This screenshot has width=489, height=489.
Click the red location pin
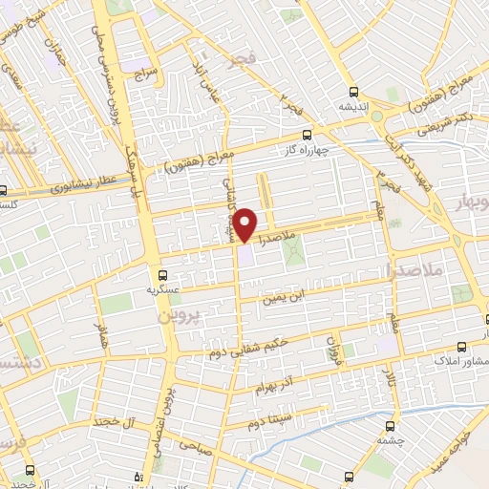pos(245,223)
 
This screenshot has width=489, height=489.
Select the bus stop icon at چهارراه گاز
pos(307,135)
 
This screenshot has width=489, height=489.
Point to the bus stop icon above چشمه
pos(390,427)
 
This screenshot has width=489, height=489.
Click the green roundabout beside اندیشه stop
pos(377,116)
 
